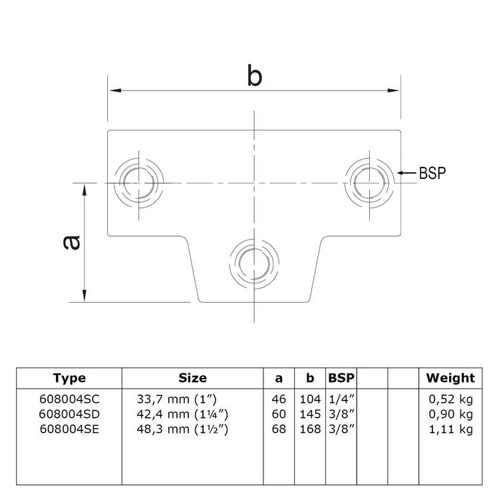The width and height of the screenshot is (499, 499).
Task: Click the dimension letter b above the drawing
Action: (254, 75)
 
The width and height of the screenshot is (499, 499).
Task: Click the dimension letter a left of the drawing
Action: (71, 242)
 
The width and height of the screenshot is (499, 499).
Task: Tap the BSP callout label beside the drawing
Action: (432, 172)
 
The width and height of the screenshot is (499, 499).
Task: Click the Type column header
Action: (69, 378)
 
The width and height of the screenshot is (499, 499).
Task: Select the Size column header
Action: (192, 378)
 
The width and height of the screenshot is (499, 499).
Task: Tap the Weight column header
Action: (450, 378)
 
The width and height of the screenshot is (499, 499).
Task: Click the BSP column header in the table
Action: (341, 378)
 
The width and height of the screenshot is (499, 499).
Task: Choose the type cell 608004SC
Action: (69, 399)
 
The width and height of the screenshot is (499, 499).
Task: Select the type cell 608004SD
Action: (69, 414)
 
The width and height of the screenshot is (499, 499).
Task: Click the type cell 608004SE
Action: (69, 429)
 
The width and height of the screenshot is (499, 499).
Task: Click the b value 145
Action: (309, 414)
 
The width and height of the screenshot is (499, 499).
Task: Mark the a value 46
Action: (279, 399)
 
